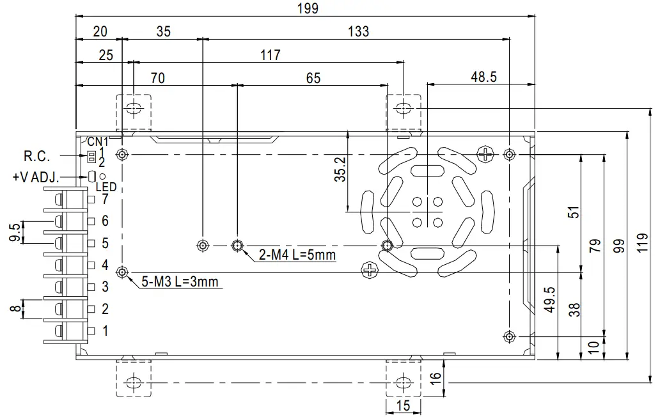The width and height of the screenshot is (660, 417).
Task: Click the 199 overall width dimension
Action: pos(307,8)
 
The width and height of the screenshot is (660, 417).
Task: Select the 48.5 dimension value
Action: pos(483,77)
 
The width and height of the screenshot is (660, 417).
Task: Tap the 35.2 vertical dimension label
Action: pos(341,170)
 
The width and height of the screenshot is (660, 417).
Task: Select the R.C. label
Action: pos(36,156)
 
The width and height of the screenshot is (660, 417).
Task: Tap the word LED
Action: pos(106,187)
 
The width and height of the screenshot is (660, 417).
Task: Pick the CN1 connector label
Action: pos(98,141)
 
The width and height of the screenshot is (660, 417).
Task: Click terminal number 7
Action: pos(105,200)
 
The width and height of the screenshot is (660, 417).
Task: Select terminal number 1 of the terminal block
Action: pos(105,331)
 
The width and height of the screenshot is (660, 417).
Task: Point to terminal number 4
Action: pos(105,265)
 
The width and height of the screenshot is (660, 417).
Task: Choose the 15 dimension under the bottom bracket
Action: pos(403,405)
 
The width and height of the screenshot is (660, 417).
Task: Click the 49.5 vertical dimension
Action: pos(549,299)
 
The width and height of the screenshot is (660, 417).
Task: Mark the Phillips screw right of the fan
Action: pos(487,153)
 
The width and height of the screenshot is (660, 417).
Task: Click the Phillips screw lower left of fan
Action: pos(370,270)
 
